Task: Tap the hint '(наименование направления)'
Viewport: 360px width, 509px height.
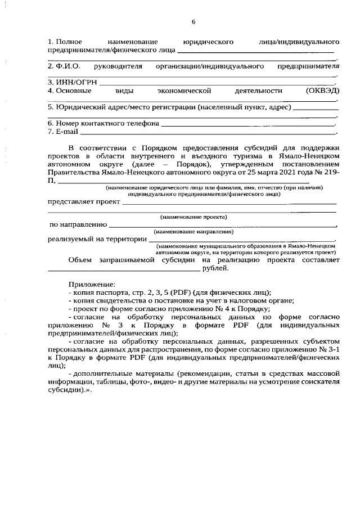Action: [193, 231]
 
